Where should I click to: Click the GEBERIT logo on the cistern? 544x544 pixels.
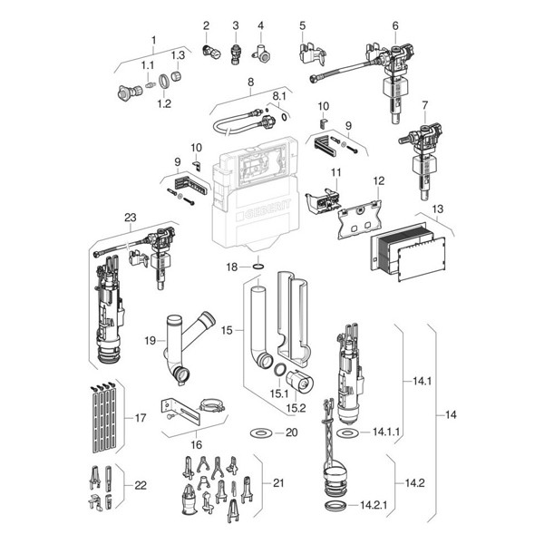263,210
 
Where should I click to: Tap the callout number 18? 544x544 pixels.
232,267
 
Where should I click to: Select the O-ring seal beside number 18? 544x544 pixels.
257,267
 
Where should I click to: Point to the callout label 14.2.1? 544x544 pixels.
374,505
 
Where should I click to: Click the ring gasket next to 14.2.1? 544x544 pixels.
335,506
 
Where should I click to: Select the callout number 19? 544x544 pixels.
151,341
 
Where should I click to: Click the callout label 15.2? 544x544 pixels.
296,408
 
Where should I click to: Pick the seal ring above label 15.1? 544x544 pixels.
279,370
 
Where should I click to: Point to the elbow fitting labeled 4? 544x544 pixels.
263,53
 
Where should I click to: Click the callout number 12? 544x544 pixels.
379,180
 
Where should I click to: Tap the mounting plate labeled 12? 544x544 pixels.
360,219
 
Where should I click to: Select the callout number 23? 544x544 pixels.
131,218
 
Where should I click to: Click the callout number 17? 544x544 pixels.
141,418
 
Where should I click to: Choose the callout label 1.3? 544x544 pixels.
178,55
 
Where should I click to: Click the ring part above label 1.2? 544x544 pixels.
164,82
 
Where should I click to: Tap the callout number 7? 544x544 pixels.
425,105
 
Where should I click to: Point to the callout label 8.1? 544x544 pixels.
279,96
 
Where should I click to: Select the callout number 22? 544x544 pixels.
141,485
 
